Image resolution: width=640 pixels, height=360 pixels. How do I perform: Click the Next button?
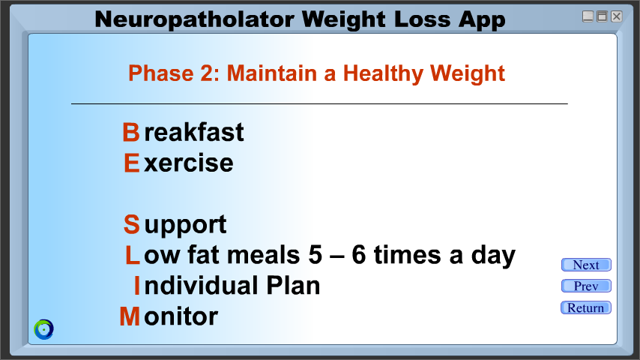coord(586,265)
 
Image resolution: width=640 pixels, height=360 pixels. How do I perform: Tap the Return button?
coord(586,307)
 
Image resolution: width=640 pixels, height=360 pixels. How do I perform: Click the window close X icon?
coord(616,16)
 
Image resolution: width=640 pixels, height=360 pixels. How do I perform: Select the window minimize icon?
coord(588,16)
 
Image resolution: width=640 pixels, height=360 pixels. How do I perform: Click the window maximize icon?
coord(602,16)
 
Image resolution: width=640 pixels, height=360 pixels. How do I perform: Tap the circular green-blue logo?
coord(43,329)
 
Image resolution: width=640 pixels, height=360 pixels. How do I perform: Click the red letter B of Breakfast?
coord(131,133)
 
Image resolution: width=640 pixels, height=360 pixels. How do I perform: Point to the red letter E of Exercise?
coord(131,163)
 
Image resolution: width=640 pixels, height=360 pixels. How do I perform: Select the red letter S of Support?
coord(131,224)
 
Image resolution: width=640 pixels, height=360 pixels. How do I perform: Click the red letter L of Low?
coord(132,256)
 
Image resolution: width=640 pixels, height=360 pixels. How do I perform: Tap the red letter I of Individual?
coord(137,286)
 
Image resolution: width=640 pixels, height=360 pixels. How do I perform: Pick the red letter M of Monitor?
coord(130,316)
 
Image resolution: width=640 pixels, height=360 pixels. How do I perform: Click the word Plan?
coord(293,286)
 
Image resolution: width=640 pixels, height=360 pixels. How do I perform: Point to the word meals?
coord(263,255)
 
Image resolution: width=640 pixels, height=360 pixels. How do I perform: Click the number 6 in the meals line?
coord(359,255)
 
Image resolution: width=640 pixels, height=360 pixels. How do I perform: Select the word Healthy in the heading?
coord(383,74)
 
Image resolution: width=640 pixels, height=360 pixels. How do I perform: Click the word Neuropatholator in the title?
coord(194,20)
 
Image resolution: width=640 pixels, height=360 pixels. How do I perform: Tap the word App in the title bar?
coord(482,20)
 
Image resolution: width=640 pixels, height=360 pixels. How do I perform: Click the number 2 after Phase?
coord(207,73)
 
